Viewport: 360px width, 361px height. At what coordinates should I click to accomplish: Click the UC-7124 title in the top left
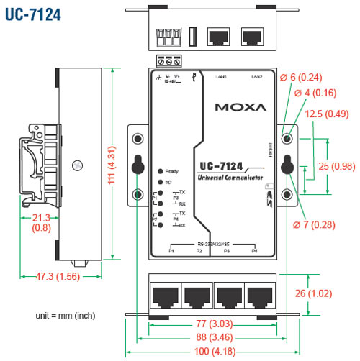pos(32,14)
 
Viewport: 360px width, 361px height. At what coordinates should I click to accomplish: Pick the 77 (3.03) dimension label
pos(214,323)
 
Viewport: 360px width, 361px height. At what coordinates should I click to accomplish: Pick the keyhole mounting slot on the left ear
pos(138,165)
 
